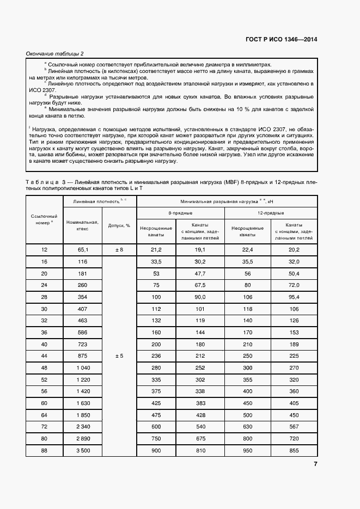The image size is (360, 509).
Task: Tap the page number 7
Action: tap(315, 464)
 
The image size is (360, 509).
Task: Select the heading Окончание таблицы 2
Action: tap(55, 53)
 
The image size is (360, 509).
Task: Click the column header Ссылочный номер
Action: tap(45, 219)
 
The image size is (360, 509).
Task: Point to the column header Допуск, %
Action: tap(119, 225)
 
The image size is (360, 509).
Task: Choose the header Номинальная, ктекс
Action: tap(82, 225)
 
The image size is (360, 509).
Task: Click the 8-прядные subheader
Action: tap(180, 213)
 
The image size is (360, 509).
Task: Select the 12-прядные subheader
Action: tap(270, 213)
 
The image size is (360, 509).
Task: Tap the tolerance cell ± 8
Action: tap(119, 249)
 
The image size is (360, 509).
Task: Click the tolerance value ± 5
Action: tap(119, 355)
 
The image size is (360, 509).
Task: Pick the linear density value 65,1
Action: tap(82, 249)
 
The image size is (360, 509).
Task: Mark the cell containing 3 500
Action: tap(82, 451)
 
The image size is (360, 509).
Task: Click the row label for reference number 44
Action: tap(45, 355)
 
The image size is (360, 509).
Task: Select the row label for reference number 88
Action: tap(45, 451)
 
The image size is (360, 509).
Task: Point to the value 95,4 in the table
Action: tap(294, 297)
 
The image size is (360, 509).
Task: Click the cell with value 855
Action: tap(294, 451)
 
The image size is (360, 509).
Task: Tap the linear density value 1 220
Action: tap(82, 379)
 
